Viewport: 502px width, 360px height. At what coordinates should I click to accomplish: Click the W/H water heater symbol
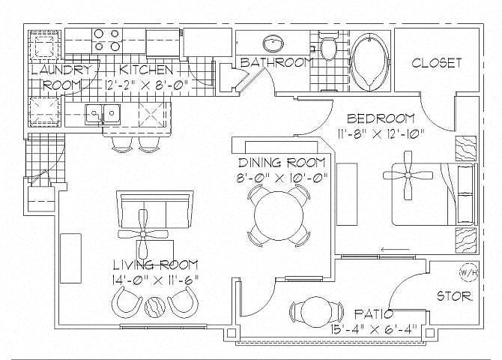coord(468,273)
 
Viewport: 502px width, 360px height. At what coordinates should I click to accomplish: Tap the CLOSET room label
coord(437,63)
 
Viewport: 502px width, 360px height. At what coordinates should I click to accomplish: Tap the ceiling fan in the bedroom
coord(408,175)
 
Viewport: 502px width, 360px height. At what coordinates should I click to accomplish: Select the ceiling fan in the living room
coord(143,234)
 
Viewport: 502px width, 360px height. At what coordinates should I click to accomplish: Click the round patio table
coord(316,312)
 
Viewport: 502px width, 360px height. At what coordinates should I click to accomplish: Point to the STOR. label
coord(455,296)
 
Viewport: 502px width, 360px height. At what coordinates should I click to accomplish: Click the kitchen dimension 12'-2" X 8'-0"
coord(146,84)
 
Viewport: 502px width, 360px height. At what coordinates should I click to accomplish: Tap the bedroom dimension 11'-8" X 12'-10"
coord(381,133)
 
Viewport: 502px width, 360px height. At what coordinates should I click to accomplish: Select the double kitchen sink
coord(103,114)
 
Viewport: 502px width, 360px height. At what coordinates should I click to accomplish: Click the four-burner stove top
coord(107,40)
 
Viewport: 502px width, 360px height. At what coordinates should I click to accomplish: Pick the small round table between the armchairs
coord(154,307)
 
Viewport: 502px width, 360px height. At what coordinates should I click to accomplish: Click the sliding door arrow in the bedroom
coord(396,249)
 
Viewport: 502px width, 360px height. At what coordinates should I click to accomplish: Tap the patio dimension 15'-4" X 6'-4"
coord(374,329)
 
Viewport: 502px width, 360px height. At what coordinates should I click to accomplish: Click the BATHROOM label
coord(276,62)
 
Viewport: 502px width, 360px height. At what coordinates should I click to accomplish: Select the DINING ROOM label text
coord(282,163)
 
